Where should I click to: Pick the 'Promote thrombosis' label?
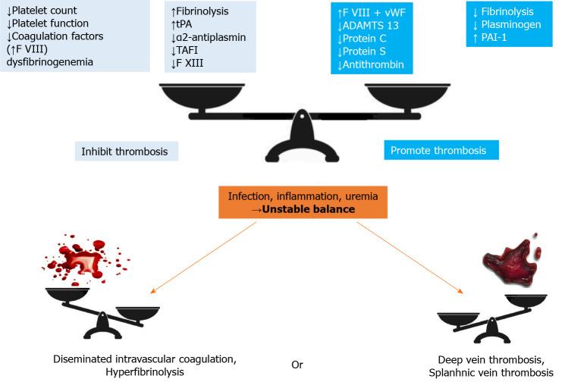coord(440,151)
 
